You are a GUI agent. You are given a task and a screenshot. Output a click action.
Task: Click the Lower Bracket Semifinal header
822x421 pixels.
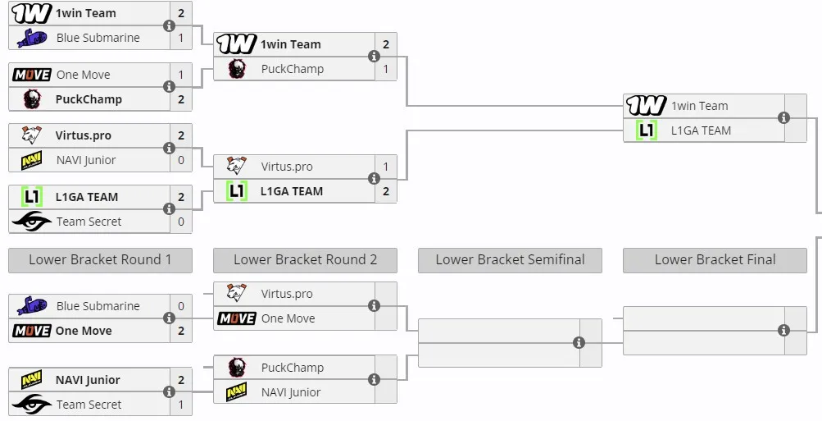[x=510, y=260]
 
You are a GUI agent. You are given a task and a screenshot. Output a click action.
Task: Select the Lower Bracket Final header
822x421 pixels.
[x=715, y=260]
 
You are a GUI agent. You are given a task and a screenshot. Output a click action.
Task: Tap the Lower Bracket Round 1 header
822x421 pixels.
[x=100, y=260]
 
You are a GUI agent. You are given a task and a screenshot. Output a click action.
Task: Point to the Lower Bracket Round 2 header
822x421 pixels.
[x=305, y=260]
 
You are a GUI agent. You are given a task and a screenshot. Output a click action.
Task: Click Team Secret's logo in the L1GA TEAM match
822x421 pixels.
[x=31, y=222]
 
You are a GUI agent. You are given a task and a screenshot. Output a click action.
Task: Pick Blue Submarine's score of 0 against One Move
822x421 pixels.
[x=181, y=306]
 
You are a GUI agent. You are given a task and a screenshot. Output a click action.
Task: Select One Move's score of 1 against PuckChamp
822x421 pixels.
[x=181, y=75]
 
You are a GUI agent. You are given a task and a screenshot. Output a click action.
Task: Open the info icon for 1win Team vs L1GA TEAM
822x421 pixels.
[x=783, y=118]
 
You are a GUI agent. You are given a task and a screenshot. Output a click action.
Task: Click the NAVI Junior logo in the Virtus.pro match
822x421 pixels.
[x=31, y=160]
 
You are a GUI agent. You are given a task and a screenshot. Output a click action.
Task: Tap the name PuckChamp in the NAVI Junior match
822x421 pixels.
[x=292, y=368]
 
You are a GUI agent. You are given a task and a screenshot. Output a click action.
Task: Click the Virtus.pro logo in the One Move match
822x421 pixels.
[x=236, y=293]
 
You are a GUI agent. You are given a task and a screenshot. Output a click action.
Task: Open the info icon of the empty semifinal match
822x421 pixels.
[x=579, y=343]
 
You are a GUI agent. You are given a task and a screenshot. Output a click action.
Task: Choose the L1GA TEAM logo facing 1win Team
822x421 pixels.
[x=646, y=130]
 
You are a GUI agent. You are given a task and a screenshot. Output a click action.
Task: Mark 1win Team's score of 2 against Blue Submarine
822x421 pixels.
[x=181, y=13]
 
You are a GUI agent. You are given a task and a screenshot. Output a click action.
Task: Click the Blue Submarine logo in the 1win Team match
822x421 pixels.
[x=31, y=38]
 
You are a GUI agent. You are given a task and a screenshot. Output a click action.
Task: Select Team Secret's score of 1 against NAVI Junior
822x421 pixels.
[x=181, y=405]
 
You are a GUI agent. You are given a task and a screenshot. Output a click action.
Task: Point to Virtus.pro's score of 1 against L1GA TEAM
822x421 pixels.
[x=386, y=167]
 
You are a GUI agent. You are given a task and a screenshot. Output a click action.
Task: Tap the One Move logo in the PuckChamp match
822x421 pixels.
[x=31, y=75]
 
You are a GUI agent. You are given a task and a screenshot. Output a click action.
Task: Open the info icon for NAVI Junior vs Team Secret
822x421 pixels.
[x=169, y=392]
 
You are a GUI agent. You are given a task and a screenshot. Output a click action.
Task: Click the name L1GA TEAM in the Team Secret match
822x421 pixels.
[x=87, y=197]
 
